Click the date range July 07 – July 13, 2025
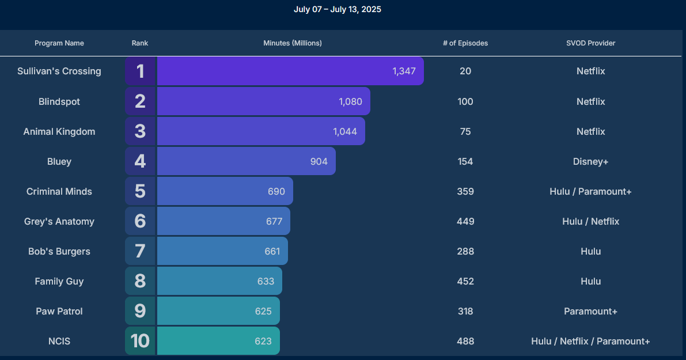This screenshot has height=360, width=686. click(x=338, y=9)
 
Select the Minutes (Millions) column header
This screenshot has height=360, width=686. click(x=293, y=43)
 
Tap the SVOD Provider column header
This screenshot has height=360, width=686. click(x=590, y=43)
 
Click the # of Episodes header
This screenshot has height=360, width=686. click(x=465, y=43)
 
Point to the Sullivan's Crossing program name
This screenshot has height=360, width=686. click(x=59, y=71)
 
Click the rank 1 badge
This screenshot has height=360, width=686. click(x=140, y=71)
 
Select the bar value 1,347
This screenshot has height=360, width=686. click(x=404, y=71)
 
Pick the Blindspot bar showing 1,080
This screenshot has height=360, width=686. click(x=263, y=101)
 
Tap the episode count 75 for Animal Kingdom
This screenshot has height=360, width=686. click(x=465, y=131)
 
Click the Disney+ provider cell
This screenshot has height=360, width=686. click(x=590, y=161)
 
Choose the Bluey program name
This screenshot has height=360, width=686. click(x=59, y=161)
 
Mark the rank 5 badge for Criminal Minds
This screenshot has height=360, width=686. click(x=140, y=191)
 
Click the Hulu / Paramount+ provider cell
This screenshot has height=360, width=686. click(x=590, y=191)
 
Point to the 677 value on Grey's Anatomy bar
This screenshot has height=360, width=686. click(x=274, y=221)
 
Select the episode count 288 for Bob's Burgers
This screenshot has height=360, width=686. click(x=465, y=251)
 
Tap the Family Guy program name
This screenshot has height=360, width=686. click(x=59, y=281)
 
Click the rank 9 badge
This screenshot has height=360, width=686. click(x=140, y=311)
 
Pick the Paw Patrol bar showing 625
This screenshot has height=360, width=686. click(x=218, y=311)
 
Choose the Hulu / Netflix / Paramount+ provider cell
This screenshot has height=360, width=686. click(x=590, y=341)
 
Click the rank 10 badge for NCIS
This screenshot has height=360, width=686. click(x=140, y=341)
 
